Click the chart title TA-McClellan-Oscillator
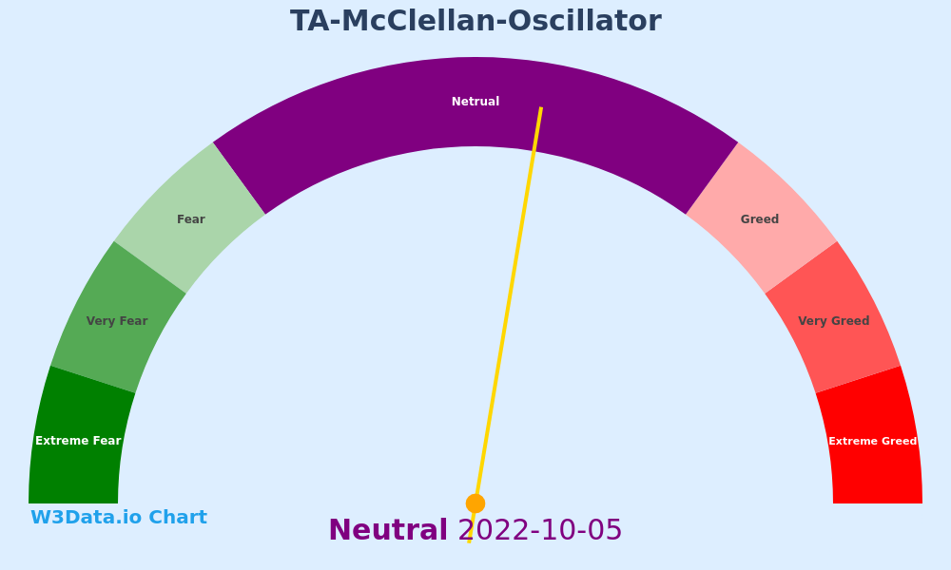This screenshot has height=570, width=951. (x=475, y=21)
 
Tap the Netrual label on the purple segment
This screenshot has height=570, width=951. (x=475, y=102)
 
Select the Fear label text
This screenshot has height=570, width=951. (x=191, y=219)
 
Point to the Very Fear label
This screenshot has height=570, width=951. (x=117, y=321)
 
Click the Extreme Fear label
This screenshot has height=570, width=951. (x=78, y=441)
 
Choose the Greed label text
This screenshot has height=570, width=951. (x=760, y=219)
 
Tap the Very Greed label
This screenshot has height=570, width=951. (x=834, y=321)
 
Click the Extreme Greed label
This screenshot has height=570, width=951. (x=873, y=441)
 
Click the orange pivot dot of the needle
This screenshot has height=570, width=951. (x=475, y=503)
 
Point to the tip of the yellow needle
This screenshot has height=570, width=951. (x=541, y=107)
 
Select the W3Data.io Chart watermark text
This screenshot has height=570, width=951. (x=119, y=518)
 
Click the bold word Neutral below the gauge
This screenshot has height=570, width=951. (x=388, y=530)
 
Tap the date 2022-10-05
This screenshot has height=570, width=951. (x=540, y=530)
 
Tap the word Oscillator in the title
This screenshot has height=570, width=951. (x=585, y=21)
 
